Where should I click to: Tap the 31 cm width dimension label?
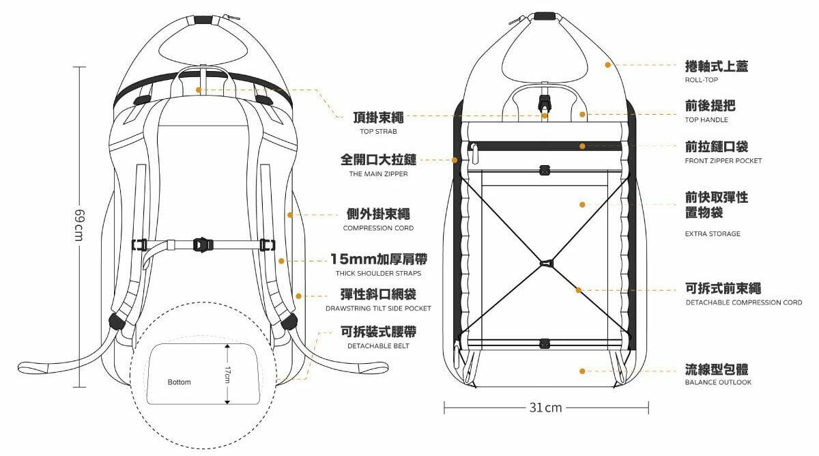[546, 408]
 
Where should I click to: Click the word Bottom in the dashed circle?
[179, 382]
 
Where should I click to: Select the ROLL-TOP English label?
[702, 80]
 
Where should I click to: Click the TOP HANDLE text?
[706, 120]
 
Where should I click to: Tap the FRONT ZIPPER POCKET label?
[723, 161]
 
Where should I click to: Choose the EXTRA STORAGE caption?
[713, 234]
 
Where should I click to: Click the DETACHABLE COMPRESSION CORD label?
[744, 302]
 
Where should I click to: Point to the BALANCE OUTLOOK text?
[718, 383]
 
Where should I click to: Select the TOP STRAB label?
[378, 131]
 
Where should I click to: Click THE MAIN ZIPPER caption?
[378, 174]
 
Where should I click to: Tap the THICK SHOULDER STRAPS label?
[378, 274]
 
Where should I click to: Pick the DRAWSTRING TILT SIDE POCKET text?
[378, 309]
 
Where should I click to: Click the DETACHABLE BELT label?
[378, 346]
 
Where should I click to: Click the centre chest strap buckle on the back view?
[201, 244]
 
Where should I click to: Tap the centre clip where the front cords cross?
[545, 262]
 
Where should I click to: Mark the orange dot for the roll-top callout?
[607, 65]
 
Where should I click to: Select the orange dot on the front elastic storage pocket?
[581, 204]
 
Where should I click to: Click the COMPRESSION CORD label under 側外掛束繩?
[378, 228]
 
